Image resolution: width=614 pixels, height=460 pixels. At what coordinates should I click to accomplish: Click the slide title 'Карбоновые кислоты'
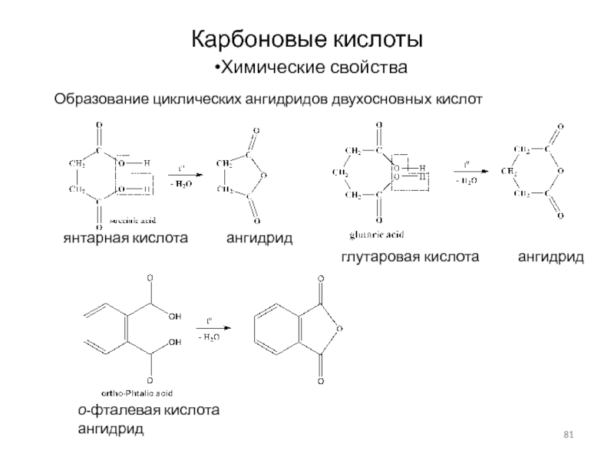(307, 38)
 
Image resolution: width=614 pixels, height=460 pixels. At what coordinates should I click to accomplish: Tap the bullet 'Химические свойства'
(311, 70)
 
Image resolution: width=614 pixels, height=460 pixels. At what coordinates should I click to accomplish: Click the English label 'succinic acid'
(138, 220)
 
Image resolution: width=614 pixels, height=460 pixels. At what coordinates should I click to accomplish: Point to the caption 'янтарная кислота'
(125, 239)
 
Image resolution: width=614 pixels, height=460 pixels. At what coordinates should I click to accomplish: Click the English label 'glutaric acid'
(377, 234)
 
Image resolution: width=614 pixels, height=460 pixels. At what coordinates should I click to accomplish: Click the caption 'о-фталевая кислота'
(148, 411)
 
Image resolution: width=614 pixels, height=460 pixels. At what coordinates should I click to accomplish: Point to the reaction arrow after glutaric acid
(467, 171)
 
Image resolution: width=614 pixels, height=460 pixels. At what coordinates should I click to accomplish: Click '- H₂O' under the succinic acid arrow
(182, 184)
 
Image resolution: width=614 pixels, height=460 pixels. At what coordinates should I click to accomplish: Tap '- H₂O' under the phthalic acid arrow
(208, 337)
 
